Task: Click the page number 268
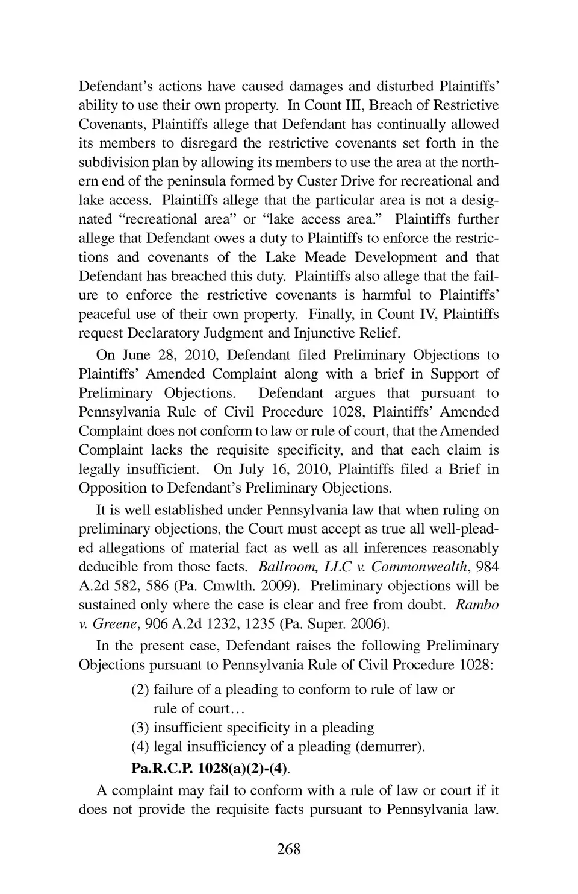pos(288,849)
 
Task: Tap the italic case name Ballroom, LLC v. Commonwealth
pos(362,567)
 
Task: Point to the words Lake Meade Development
pos(351,257)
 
